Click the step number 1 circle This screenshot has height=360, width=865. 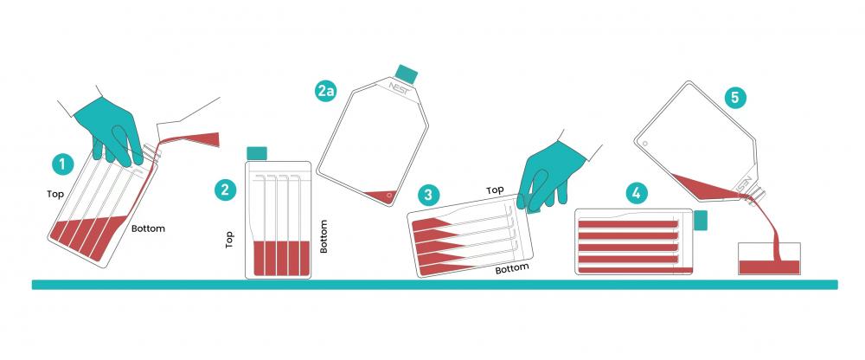tap(62, 164)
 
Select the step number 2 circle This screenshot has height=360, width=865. tap(225, 190)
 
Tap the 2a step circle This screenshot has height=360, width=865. tap(326, 91)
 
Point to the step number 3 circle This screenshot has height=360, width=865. tap(429, 195)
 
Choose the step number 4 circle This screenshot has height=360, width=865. tap(637, 193)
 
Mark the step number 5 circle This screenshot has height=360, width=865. tap(734, 99)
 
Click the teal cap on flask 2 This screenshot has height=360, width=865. tap(257, 153)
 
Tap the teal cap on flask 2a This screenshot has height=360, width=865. tap(407, 74)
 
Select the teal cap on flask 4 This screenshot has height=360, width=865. tap(701, 220)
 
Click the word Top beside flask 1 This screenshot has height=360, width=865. tap(55, 194)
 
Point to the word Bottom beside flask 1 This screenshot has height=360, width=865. tap(148, 228)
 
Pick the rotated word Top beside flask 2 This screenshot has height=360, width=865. tap(229, 239)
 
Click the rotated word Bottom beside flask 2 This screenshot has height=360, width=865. tap(324, 236)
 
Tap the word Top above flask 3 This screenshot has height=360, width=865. tap(495, 190)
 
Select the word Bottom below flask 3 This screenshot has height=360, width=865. tap(512, 269)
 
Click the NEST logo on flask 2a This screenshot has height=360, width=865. tap(400, 88)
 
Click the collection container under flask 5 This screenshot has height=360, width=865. tap(769, 259)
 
